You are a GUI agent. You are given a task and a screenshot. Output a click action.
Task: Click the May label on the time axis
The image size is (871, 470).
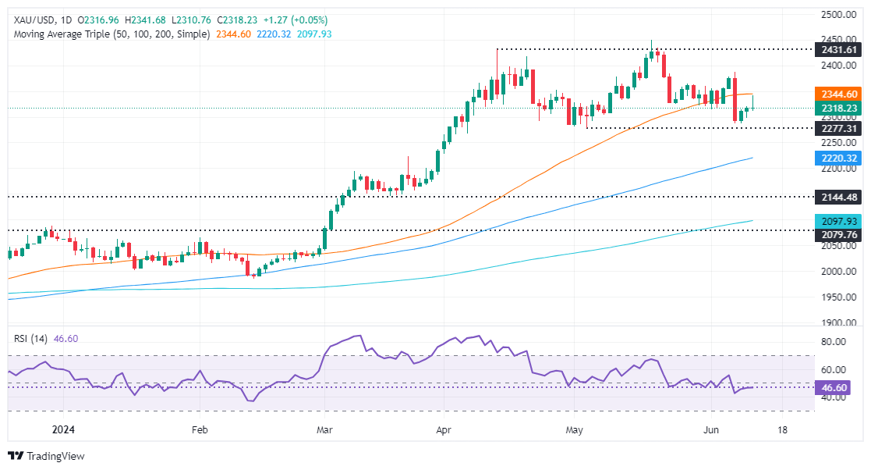[x=575, y=430]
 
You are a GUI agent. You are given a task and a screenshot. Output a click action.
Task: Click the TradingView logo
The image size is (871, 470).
[x=46, y=456]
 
